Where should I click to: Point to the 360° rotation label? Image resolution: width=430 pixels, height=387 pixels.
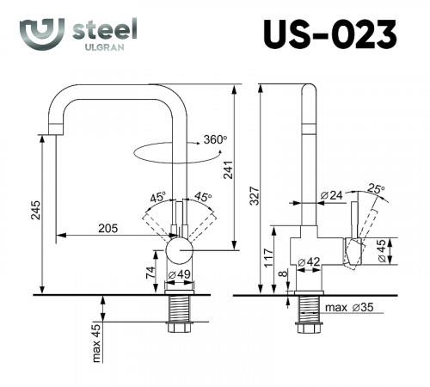click(x=215, y=139)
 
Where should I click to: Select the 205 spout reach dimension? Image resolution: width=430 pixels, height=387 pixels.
click(x=108, y=228)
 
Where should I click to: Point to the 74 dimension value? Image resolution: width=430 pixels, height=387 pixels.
click(x=152, y=273)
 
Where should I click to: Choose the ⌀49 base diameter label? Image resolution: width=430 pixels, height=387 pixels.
click(x=179, y=274)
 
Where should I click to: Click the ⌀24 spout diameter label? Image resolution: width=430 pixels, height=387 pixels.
click(x=330, y=196)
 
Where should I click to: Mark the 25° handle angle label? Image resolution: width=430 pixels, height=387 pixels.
click(x=376, y=188)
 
